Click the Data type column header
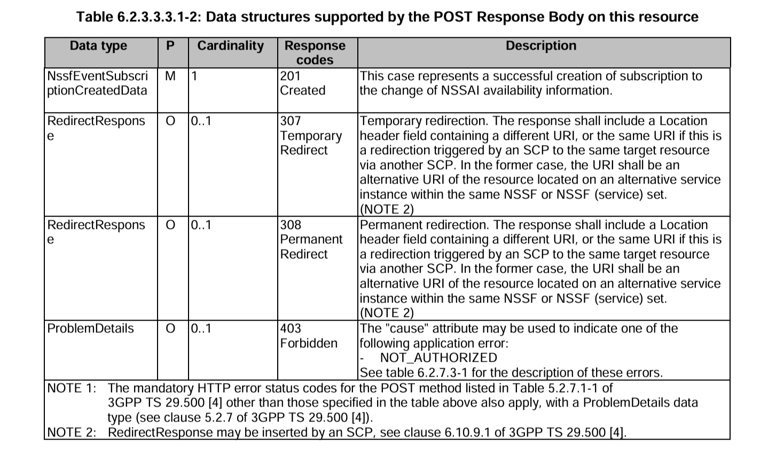coord(98,46)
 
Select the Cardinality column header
coord(230,46)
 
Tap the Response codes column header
coord(315,53)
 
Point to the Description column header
coord(541,46)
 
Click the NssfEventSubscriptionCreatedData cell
coord(97,83)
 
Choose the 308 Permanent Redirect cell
coord(311,240)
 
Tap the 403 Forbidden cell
coord(309,336)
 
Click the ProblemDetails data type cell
coord(90,329)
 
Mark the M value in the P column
coord(170,76)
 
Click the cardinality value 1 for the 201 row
coord(195,76)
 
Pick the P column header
coord(170,46)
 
